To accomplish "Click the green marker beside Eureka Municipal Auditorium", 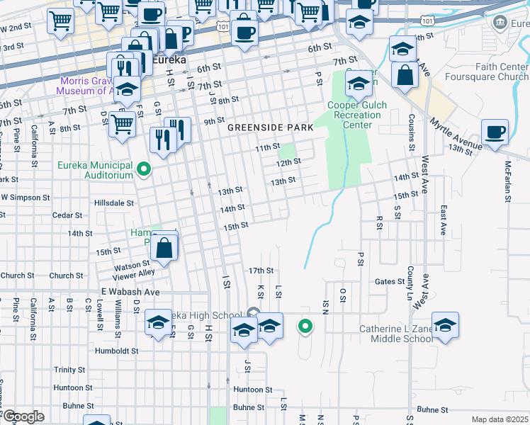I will point(144,169).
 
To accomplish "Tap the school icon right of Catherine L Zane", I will point(445,326).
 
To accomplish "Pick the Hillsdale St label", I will point(114,203).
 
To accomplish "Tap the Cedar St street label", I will point(67,215).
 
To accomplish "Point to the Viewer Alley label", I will point(137,273).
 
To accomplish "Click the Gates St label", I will point(389,281).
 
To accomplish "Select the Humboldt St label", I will point(115,351).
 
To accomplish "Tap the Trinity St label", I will point(69,370).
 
